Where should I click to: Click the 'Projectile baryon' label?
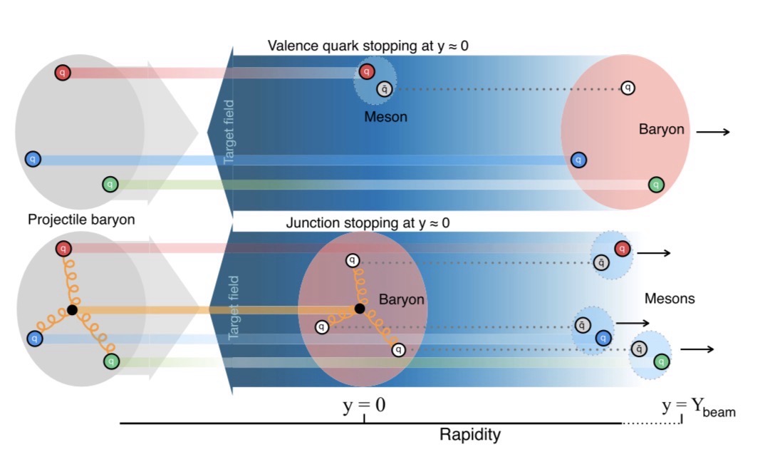coord(81,220)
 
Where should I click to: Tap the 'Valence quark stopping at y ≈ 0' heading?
coord(368,46)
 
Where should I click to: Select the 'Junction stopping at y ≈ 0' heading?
coord(368,223)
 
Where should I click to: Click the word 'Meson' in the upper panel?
coord(385,118)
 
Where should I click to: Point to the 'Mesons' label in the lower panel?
coord(670,299)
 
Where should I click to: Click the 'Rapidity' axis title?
coord(469,434)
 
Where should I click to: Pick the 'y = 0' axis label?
coord(364,406)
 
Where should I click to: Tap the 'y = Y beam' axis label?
coord(698,407)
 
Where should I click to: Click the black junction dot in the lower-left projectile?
coord(72,310)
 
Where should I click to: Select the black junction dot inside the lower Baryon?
coord(360,309)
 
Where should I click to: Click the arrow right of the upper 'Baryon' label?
coord(713,132)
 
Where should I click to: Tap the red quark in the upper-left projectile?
coord(62,73)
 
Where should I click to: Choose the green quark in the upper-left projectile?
coord(110,185)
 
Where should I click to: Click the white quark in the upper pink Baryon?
coord(628,88)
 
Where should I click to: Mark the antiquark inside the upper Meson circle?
coord(385,89)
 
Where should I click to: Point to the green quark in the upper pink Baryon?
coord(656,185)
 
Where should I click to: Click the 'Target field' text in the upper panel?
coord(229,132)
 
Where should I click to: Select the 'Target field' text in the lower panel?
coord(234,308)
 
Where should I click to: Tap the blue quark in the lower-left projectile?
coord(35,339)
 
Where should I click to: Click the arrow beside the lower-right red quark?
coord(653,253)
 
